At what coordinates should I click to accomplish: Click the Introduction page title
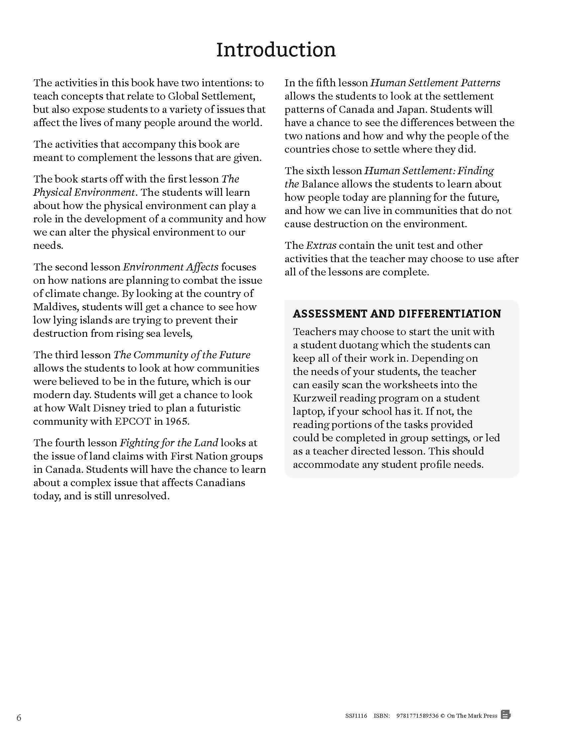pos(276,50)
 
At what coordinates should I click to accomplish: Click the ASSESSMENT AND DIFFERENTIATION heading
pos(396,314)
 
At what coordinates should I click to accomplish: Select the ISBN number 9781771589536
pos(417,715)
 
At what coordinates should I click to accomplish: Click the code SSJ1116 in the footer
pos(356,715)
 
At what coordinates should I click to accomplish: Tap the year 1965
pos(176,421)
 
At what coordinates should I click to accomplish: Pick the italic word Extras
pos(321,245)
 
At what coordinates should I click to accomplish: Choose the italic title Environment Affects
pos(171,267)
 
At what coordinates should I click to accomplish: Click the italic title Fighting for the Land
pos(169,443)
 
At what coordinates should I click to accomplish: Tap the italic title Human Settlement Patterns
pos(435,83)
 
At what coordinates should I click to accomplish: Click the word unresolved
pos(142,496)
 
